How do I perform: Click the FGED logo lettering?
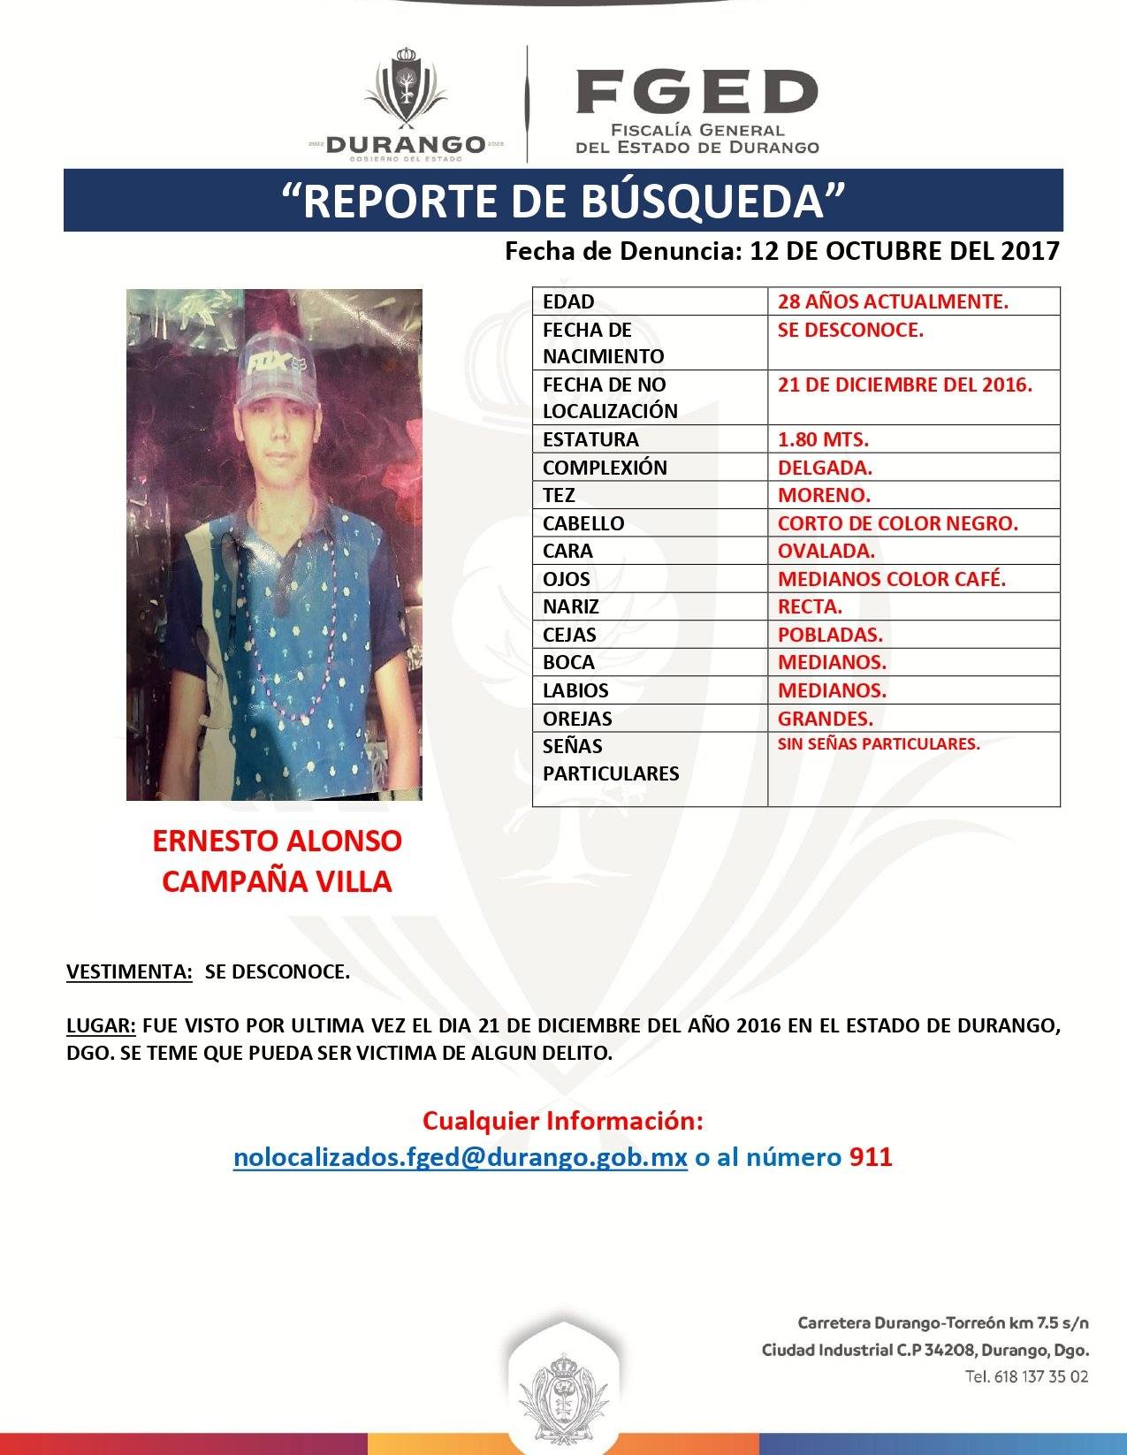[x=697, y=92]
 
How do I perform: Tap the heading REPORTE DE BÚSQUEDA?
[x=562, y=201]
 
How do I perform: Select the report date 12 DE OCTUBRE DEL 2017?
[x=903, y=251]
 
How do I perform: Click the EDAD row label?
[x=568, y=301]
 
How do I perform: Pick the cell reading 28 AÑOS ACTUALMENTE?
[x=893, y=301]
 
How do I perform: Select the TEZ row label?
[x=559, y=495]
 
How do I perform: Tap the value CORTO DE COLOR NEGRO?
[x=898, y=522]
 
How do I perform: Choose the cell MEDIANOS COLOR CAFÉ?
[x=892, y=579]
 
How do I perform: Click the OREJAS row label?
[x=577, y=718]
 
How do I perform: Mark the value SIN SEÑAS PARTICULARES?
[x=879, y=743]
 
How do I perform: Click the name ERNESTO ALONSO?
[x=277, y=840]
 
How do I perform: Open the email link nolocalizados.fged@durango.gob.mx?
[x=460, y=1157]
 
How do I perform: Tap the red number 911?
[x=871, y=1157]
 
